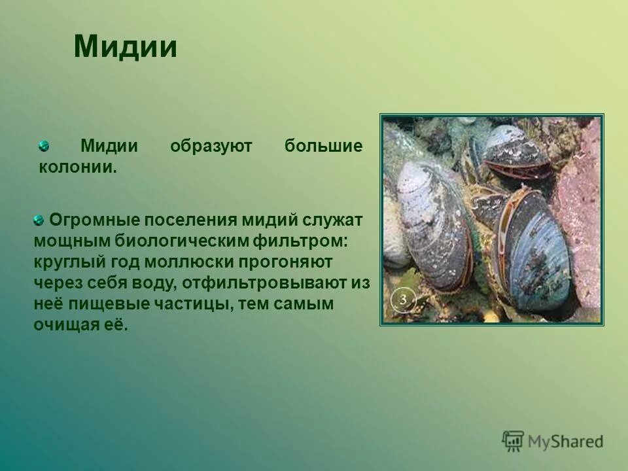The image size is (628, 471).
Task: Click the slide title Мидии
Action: [x=125, y=47]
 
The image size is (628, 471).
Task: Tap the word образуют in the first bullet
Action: [x=211, y=146]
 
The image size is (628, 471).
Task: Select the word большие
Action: [x=323, y=146]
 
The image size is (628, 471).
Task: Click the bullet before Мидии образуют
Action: [x=43, y=145]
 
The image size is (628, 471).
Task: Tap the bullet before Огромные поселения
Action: [x=39, y=220]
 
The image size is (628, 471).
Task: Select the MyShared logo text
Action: [x=565, y=442]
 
